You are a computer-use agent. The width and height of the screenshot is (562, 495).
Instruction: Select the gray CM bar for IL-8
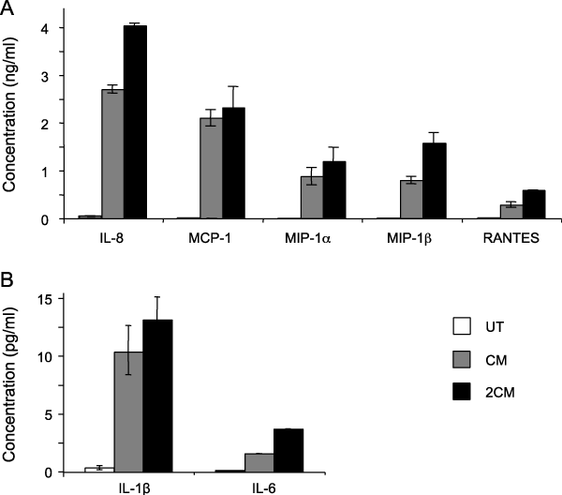click(x=112, y=155)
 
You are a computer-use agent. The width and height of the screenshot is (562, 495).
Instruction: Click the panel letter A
click(x=8, y=8)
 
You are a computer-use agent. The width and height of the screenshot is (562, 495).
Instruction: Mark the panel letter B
click(x=8, y=278)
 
